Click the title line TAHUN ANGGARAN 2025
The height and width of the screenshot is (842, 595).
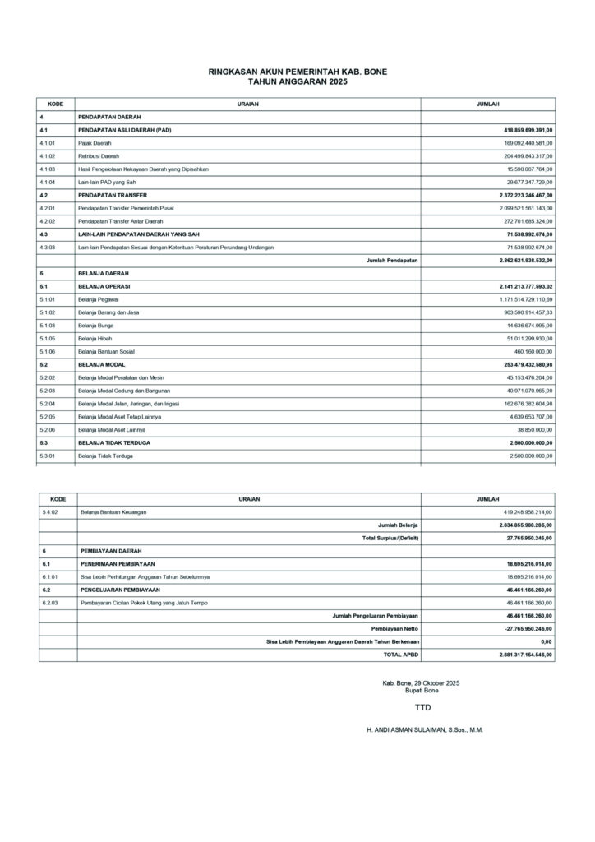pyautogui.click(x=297, y=81)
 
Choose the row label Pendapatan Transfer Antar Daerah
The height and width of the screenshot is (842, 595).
pyautogui.click(x=120, y=221)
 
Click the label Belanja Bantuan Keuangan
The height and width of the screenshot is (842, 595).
pyautogui.click(x=113, y=512)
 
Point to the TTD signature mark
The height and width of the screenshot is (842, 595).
pyautogui.click(x=422, y=707)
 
